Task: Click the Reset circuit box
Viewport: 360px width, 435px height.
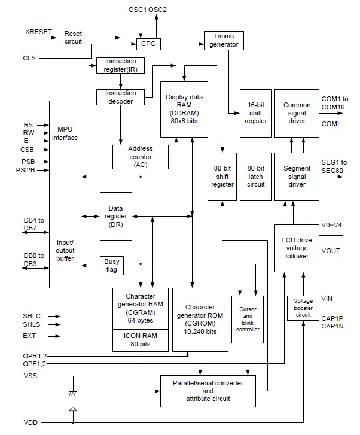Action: [x=72, y=38]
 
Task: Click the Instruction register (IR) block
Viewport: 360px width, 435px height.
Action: [x=120, y=66]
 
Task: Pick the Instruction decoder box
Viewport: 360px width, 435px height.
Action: [x=120, y=96]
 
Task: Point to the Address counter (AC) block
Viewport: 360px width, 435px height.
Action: [x=140, y=157]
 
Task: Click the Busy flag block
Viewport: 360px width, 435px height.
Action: [x=111, y=266]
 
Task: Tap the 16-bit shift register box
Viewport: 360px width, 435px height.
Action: [x=256, y=112]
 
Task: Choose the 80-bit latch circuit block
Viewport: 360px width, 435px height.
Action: [x=256, y=177]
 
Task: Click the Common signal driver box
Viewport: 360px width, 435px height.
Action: [x=297, y=112]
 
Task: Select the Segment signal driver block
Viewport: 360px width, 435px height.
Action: [x=297, y=177]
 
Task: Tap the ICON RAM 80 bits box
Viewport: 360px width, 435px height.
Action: [x=141, y=340]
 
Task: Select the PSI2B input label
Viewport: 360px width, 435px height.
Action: [x=31, y=170]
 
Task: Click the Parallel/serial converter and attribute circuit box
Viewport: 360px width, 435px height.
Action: [x=207, y=390]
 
